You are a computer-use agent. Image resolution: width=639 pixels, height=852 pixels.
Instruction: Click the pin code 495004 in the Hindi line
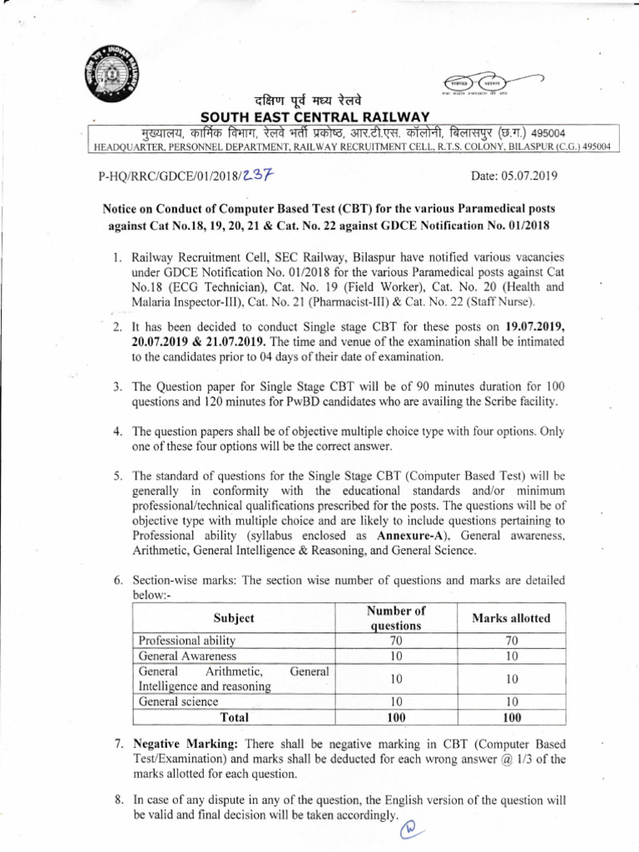pyautogui.click(x=545, y=132)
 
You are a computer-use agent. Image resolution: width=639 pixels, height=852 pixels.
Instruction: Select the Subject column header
pyautogui.click(x=234, y=618)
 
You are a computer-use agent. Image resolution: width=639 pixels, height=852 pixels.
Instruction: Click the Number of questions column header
pyautogui.click(x=396, y=618)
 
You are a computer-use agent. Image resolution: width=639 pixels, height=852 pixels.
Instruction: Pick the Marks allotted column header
pyautogui.click(x=511, y=618)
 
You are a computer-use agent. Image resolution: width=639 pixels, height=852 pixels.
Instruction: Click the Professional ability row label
pyautogui.click(x=187, y=641)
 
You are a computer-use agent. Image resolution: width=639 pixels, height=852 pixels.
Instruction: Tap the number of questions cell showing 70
pyautogui.click(x=396, y=641)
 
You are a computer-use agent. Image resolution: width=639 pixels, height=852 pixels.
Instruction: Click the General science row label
pyautogui.click(x=179, y=701)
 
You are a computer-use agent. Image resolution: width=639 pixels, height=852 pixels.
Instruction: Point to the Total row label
pyautogui.click(x=234, y=716)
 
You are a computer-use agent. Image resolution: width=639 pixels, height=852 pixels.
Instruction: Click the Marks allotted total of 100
pyautogui.click(x=511, y=716)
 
